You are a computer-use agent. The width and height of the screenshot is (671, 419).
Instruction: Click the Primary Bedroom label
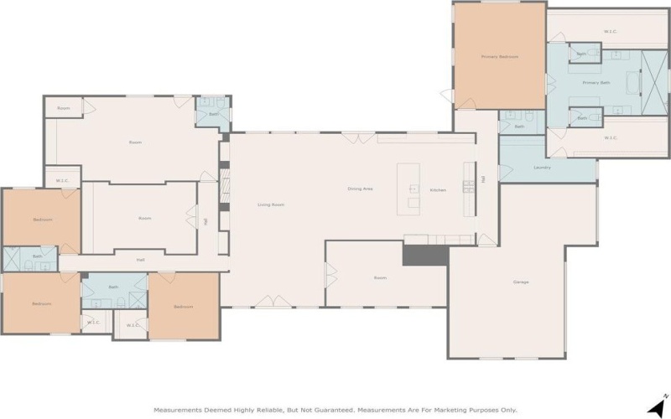(499, 57)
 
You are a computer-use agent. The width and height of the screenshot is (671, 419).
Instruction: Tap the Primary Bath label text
(596, 83)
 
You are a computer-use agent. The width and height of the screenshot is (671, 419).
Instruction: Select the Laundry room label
(542, 167)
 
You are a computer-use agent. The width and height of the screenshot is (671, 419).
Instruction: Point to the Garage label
(521, 282)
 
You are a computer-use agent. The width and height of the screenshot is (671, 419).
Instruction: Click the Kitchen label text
(438, 189)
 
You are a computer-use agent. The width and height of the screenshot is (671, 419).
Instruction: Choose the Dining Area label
(360, 189)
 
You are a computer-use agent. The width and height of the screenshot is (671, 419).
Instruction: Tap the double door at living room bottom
(268, 301)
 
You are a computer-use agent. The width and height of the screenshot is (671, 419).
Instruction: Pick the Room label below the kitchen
(380, 277)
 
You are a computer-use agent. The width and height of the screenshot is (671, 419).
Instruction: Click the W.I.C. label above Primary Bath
(611, 32)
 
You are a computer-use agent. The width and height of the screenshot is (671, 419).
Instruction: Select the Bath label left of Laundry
(519, 127)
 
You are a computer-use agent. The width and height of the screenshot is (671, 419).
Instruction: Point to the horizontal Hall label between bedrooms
(141, 260)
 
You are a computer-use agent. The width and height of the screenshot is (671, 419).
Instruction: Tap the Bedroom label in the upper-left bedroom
(43, 220)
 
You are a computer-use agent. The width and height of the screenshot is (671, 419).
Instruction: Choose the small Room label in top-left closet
(64, 108)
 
